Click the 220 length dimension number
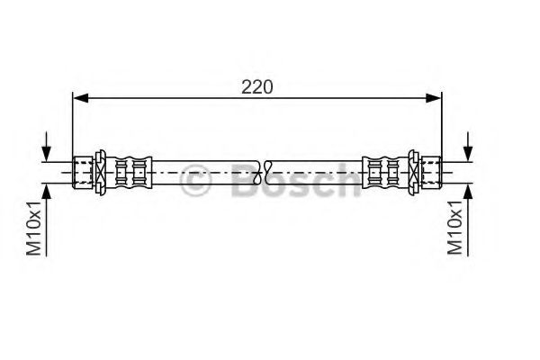pos(256,87)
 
